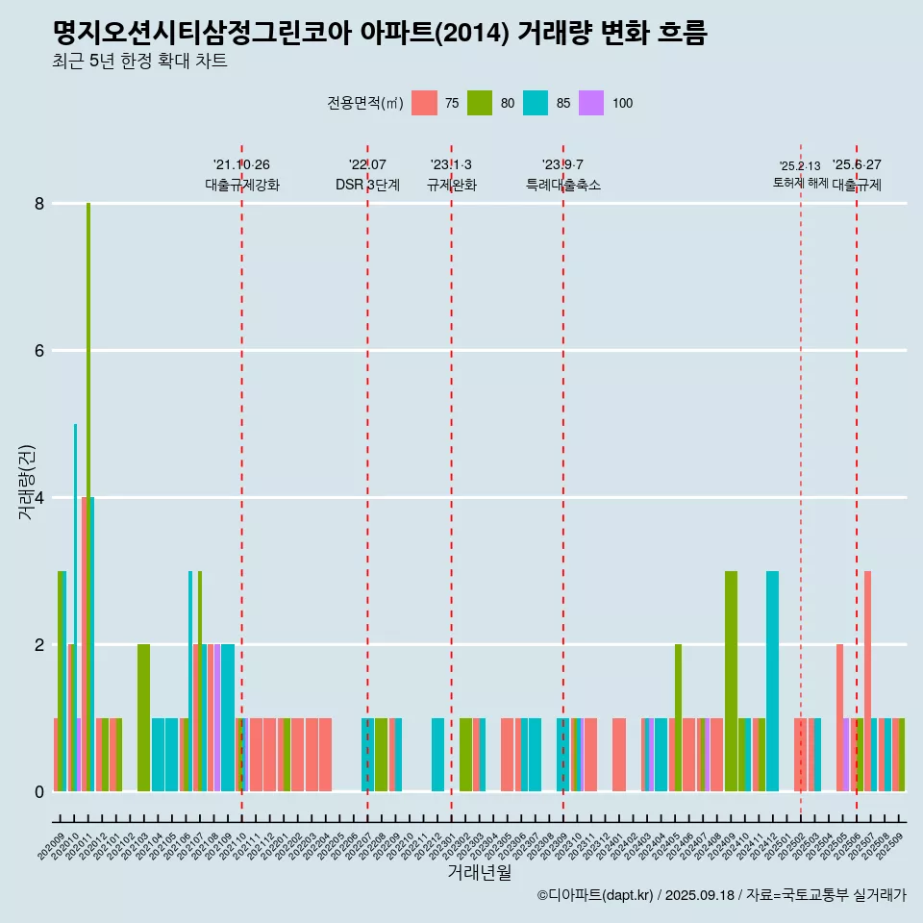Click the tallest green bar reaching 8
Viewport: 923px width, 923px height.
click(x=88, y=481)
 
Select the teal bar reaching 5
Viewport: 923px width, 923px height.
click(x=76, y=606)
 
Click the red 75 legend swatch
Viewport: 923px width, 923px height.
click(x=424, y=103)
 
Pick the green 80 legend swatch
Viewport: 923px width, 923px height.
click(x=480, y=103)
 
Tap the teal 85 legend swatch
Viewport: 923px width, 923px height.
click(x=536, y=103)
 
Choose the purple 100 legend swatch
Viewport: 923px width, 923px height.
click(x=591, y=103)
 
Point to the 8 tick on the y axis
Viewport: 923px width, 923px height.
click(x=39, y=204)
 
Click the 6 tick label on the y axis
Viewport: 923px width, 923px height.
click(x=39, y=351)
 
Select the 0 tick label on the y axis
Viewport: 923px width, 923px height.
click(x=39, y=792)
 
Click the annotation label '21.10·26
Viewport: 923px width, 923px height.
click(x=241, y=165)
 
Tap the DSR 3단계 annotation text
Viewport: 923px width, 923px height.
click(x=367, y=186)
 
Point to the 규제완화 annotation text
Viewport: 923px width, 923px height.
click(x=452, y=186)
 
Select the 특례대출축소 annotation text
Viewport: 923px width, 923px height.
click(x=563, y=186)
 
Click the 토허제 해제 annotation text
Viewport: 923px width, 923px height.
click(x=800, y=183)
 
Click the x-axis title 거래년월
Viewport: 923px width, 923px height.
click(x=479, y=872)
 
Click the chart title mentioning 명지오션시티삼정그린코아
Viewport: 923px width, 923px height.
click(x=380, y=34)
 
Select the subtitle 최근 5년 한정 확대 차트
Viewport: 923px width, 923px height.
click(x=140, y=62)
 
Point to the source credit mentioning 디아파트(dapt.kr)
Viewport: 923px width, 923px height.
click(x=721, y=895)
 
